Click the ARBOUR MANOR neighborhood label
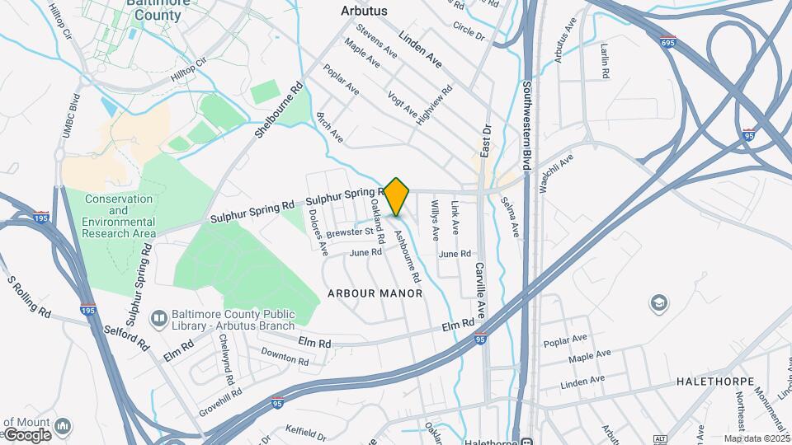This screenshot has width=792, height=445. click(x=375, y=293)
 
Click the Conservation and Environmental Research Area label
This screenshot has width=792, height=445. click(x=120, y=216)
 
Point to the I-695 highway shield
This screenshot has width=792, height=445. click(x=668, y=40)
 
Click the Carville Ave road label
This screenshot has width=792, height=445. click(x=480, y=289)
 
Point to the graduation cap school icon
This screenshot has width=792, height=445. click(x=659, y=303)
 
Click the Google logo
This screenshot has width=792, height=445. click(x=26, y=435)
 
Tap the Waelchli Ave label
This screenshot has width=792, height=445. click(x=557, y=173)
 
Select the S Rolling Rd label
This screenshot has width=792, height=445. click(x=30, y=297)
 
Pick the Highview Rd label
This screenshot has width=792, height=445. click(x=435, y=105)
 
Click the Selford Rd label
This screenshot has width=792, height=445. click(x=125, y=339)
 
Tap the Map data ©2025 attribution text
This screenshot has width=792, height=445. click(x=757, y=439)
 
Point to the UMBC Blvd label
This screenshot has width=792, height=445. click(x=69, y=115)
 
